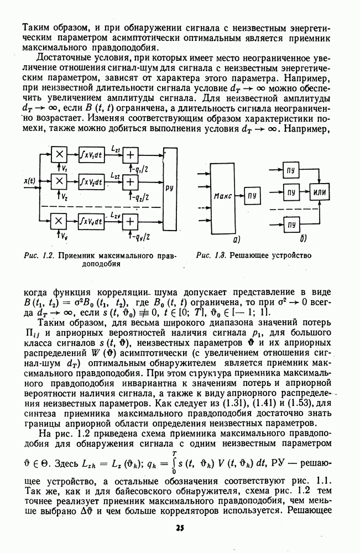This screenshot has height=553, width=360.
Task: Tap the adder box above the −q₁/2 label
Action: coord(132,155)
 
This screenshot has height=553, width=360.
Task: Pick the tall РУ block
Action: coord(171,187)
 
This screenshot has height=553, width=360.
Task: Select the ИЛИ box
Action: coord(319,192)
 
